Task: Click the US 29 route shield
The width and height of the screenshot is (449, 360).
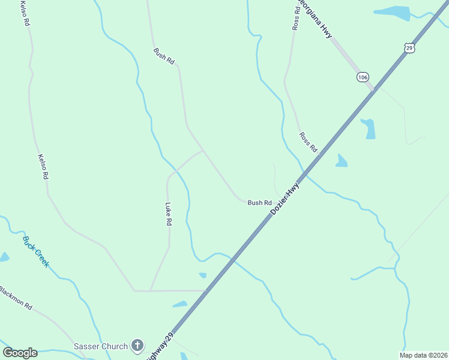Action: point(409,47)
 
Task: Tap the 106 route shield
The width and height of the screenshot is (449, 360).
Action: point(362,77)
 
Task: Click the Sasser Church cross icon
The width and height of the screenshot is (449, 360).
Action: point(137,346)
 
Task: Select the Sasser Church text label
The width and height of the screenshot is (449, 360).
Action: point(100,346)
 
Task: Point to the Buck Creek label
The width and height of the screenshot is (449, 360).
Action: point(36,251)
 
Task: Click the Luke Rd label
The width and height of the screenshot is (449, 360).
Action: point(169,214)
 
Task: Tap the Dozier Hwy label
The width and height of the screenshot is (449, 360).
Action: point(285,200)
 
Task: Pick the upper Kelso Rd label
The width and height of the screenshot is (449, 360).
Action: point(26,13)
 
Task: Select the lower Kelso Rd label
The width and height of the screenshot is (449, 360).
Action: point(43,167)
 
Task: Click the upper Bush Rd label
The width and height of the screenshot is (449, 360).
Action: point(163,56)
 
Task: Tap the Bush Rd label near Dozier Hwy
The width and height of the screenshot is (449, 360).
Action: point(259,203)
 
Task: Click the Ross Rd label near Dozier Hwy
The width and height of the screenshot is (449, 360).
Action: point(308,143)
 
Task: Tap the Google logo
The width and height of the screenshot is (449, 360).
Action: point(20,353)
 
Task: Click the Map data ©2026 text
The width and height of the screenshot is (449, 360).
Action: point(423,355)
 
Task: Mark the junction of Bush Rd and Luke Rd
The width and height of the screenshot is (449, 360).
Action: point(203,150)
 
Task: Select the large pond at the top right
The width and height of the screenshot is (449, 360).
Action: point(391,13)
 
